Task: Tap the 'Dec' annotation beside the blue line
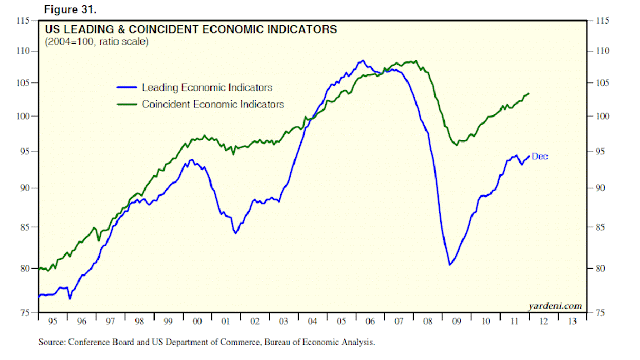tap(539, 156)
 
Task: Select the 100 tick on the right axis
tap(603, 116)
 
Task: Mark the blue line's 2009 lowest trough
tap(450, 264)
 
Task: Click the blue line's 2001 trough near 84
tap(235, 233)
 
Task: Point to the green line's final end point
tap(528, 93)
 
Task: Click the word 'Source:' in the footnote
tap(56, 342)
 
